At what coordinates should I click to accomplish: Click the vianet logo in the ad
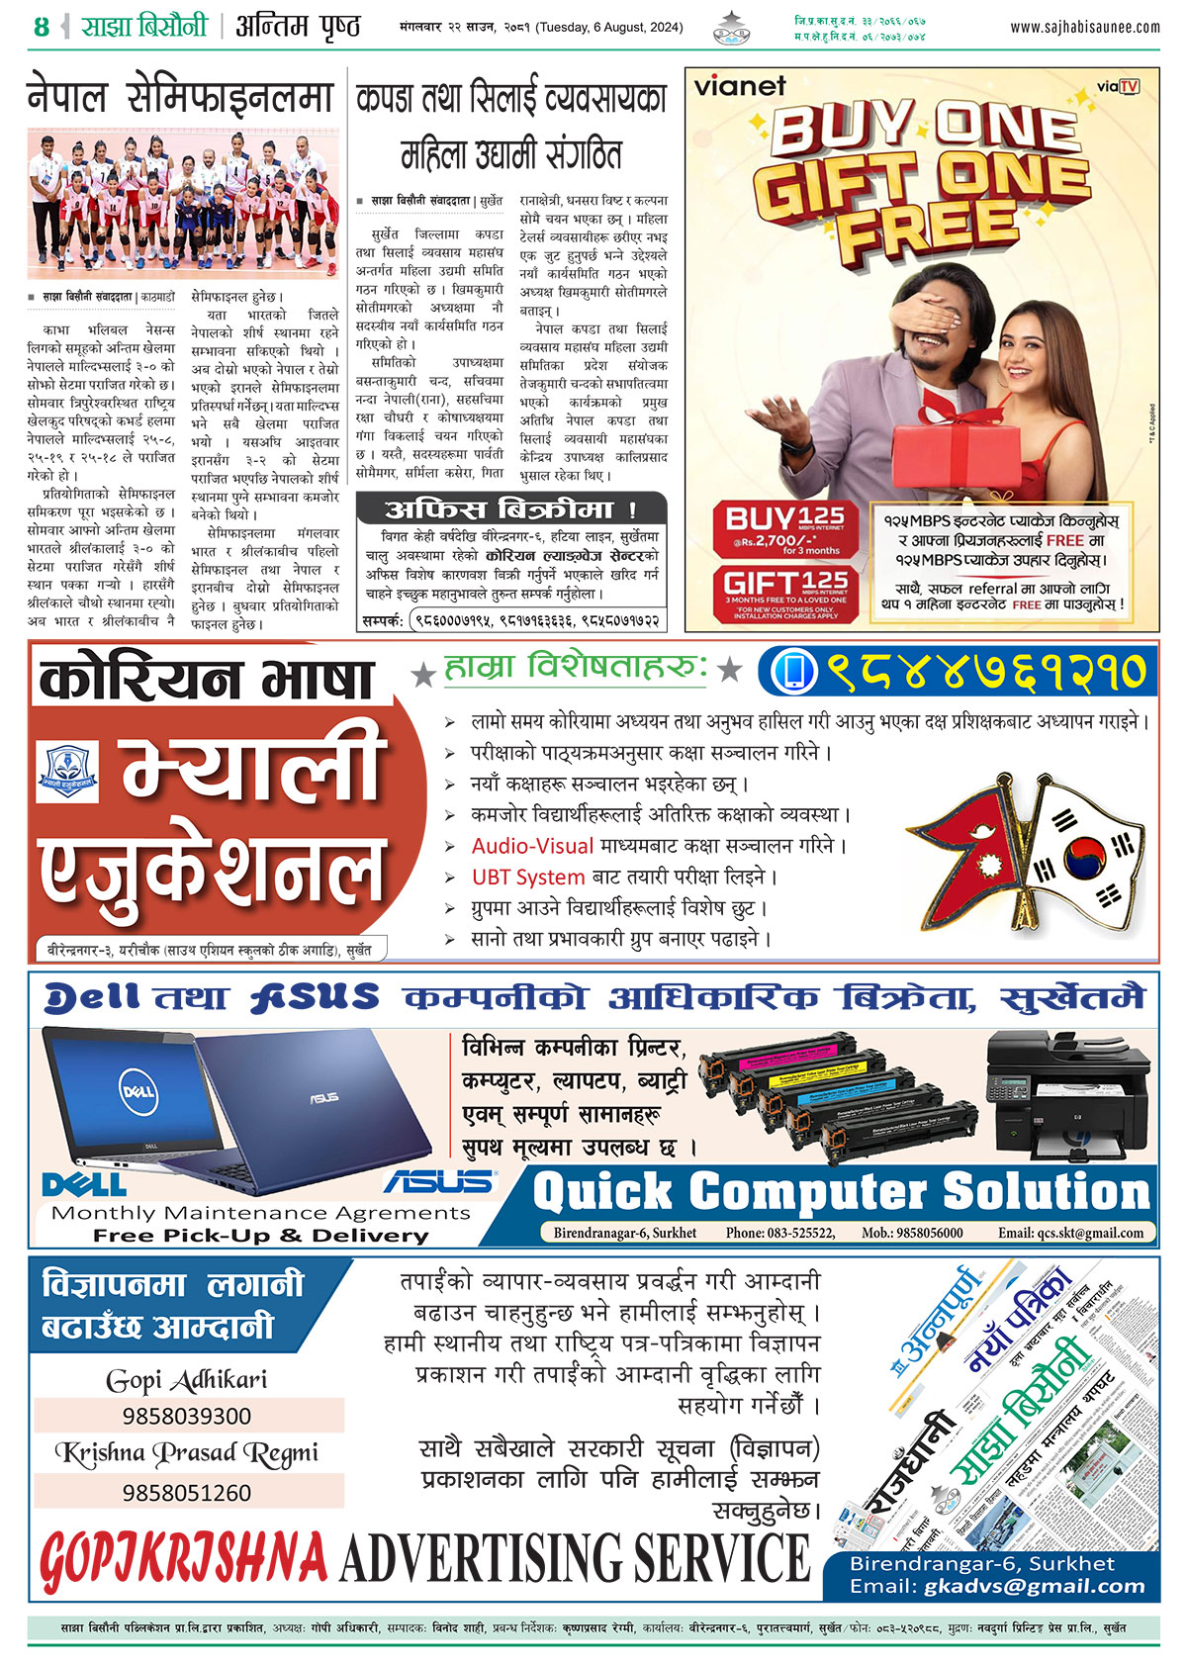coord(739,86)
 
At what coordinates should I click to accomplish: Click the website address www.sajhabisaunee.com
coord(1084,28)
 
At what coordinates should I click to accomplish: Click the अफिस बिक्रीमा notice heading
coord(510,509)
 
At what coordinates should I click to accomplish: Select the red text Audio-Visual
coord(532,846)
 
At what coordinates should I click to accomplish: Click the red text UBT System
coord(528,877)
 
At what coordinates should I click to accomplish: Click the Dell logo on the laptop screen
coord(137,1091)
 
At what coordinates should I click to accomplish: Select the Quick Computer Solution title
coord(842,1191)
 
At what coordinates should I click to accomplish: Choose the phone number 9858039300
coord(187,1416)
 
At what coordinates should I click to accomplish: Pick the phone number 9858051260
coord(187,1492)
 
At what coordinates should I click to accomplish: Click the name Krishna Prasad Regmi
coord(187,1452)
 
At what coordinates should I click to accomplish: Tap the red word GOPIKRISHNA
coord(183,1558)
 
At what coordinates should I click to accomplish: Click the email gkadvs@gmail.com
coord(1034,1586)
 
